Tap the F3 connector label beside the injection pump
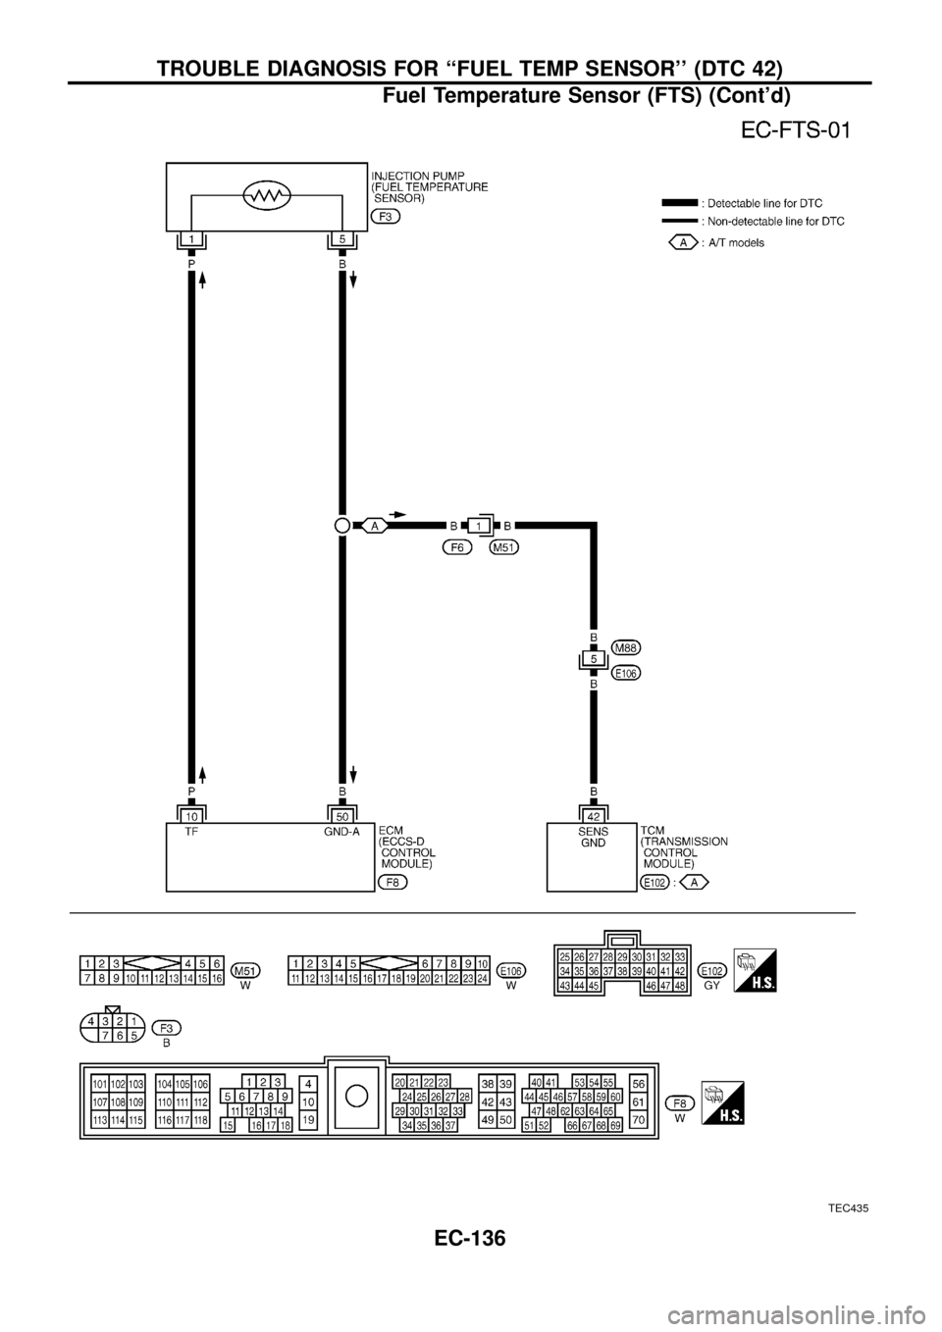386,216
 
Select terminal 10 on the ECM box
191,815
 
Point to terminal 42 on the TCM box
593,815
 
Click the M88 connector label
626,647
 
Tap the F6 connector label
457,547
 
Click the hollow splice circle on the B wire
341,526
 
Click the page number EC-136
470,1238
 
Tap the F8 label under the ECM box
392,882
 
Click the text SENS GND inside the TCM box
593,836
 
